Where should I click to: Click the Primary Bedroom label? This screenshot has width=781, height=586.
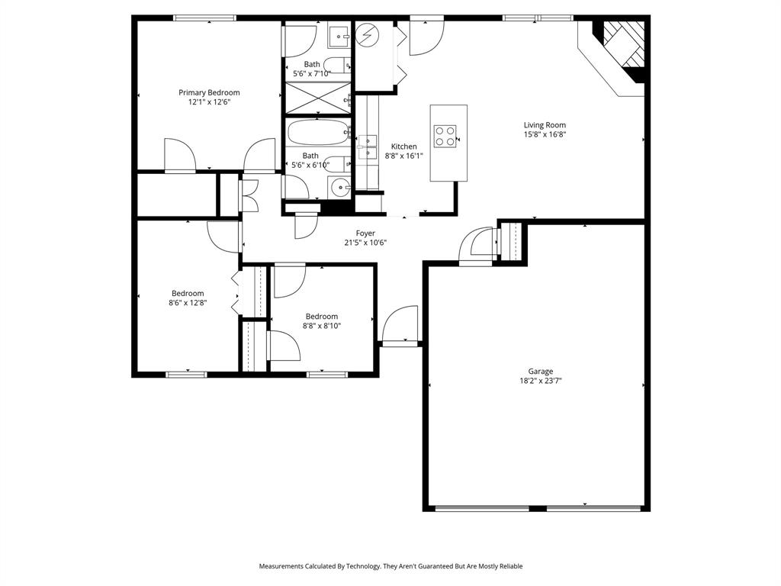pos(209,92)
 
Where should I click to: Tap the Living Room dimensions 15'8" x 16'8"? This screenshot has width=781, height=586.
pos(545,134)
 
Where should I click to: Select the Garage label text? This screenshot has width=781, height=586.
pos(541,372)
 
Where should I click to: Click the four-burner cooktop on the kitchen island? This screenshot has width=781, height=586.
pos(445,136)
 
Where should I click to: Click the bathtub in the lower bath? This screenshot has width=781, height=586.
pos(318,132)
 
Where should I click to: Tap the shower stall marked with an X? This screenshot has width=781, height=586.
pos(317,98)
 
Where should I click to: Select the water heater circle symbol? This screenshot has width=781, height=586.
pos(367,34)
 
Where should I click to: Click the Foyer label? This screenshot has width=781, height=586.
pos(365,233)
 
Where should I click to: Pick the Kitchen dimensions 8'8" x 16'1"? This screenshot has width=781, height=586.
pos(404,156)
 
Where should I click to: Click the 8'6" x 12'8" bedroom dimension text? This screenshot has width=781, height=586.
pos(188,302)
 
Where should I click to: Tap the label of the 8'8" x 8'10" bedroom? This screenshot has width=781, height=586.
pos(322,317)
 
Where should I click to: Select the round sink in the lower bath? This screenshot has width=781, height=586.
pos(340,188)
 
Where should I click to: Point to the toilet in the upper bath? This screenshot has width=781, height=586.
pos(337,66)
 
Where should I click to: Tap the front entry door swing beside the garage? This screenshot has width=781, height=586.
pos(400,324)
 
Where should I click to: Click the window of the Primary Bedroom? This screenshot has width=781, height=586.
pos(204,18)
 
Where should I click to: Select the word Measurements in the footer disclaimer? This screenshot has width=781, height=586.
pos(281,566)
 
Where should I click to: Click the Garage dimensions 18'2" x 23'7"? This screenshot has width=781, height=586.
pos(541,381)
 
